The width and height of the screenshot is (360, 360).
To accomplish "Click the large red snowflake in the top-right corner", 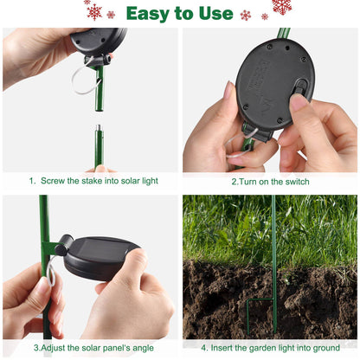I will click(280, 7).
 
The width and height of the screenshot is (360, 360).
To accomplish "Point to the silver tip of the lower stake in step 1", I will click(98, 132).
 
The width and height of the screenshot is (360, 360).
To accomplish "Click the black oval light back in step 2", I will click(273, 84).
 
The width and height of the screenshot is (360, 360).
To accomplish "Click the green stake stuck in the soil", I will click(274, 260).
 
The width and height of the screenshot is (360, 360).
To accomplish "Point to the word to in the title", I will click(183, 13).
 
